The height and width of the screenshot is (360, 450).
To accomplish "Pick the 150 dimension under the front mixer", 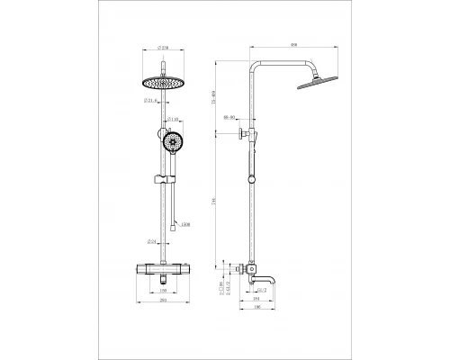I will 163,292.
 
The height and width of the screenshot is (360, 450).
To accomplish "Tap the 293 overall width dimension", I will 163,302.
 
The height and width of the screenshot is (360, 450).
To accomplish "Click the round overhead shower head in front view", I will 163,82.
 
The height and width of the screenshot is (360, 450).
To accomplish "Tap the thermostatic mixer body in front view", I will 163,268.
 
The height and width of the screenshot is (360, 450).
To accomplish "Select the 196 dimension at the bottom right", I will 256,309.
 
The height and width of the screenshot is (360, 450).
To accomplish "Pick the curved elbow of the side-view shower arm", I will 256,67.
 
